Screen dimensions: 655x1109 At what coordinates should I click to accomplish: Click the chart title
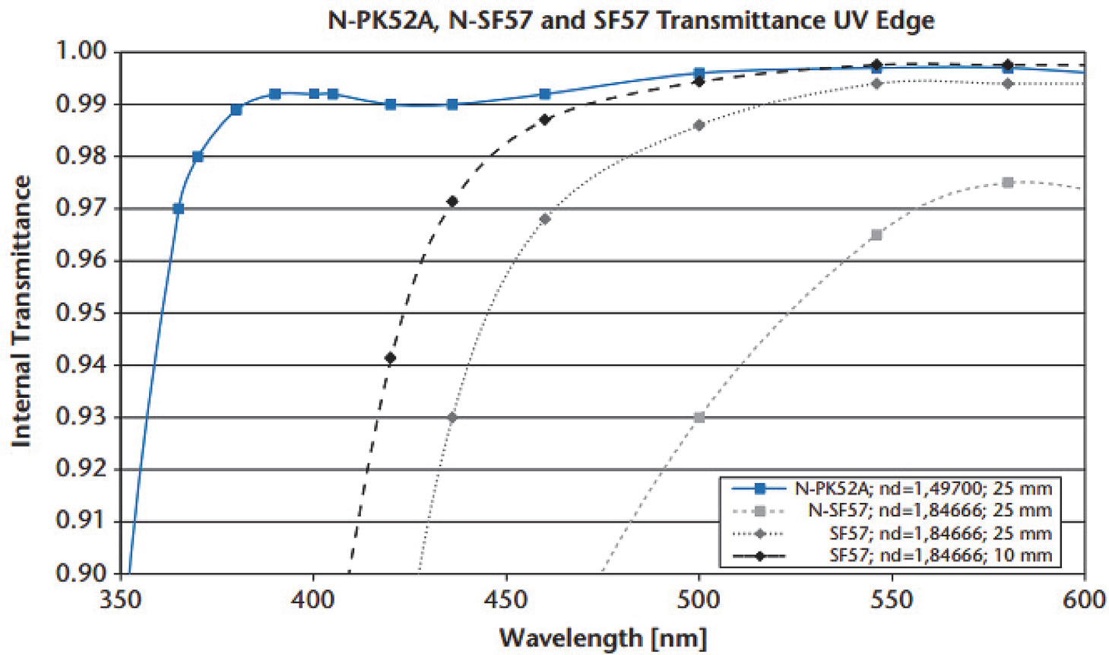point(630,19)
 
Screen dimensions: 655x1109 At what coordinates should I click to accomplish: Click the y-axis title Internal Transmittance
point(21,311)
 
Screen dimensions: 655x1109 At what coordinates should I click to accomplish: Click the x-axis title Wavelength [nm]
point(603,638)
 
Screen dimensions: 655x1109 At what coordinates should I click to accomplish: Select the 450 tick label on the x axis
point(505,600)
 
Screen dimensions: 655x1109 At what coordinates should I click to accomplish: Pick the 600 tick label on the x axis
point(1084,600)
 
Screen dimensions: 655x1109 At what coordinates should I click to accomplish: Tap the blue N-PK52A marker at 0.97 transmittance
point(179,208)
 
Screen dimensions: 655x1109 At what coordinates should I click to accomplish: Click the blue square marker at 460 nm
point(545,94)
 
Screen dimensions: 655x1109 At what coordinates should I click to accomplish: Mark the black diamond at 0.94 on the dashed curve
point(391,358)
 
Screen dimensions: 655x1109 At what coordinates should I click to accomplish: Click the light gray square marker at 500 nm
point(699,418)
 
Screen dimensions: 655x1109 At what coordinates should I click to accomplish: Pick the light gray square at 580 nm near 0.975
point(1008,183)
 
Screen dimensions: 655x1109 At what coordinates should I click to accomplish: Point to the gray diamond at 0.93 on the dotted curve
point(452,418)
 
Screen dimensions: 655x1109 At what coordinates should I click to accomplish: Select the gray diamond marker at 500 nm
point(699,126)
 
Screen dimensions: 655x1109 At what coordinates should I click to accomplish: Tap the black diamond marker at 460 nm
point(545,119)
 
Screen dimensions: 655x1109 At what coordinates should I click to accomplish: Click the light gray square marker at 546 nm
point(876,235)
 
